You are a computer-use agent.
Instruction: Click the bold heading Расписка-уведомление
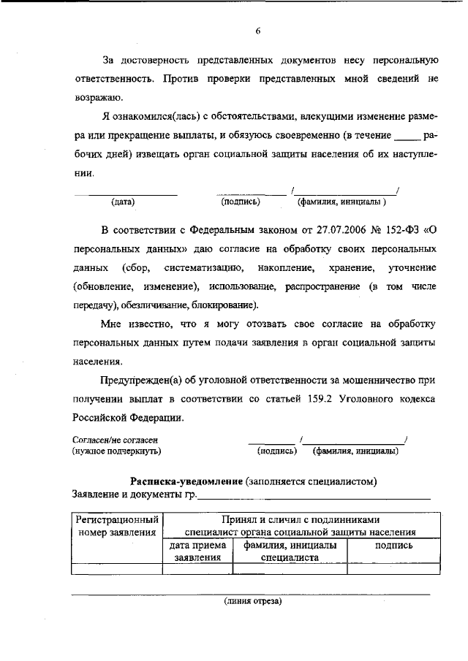point(186,481)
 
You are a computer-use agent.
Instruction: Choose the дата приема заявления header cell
point(196,551)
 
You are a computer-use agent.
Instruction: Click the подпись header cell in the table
point(393,546)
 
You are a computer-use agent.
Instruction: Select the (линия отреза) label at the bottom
point(252,602)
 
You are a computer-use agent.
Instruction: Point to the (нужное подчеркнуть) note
point(116,451)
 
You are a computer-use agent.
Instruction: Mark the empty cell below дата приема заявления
point(196,568)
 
